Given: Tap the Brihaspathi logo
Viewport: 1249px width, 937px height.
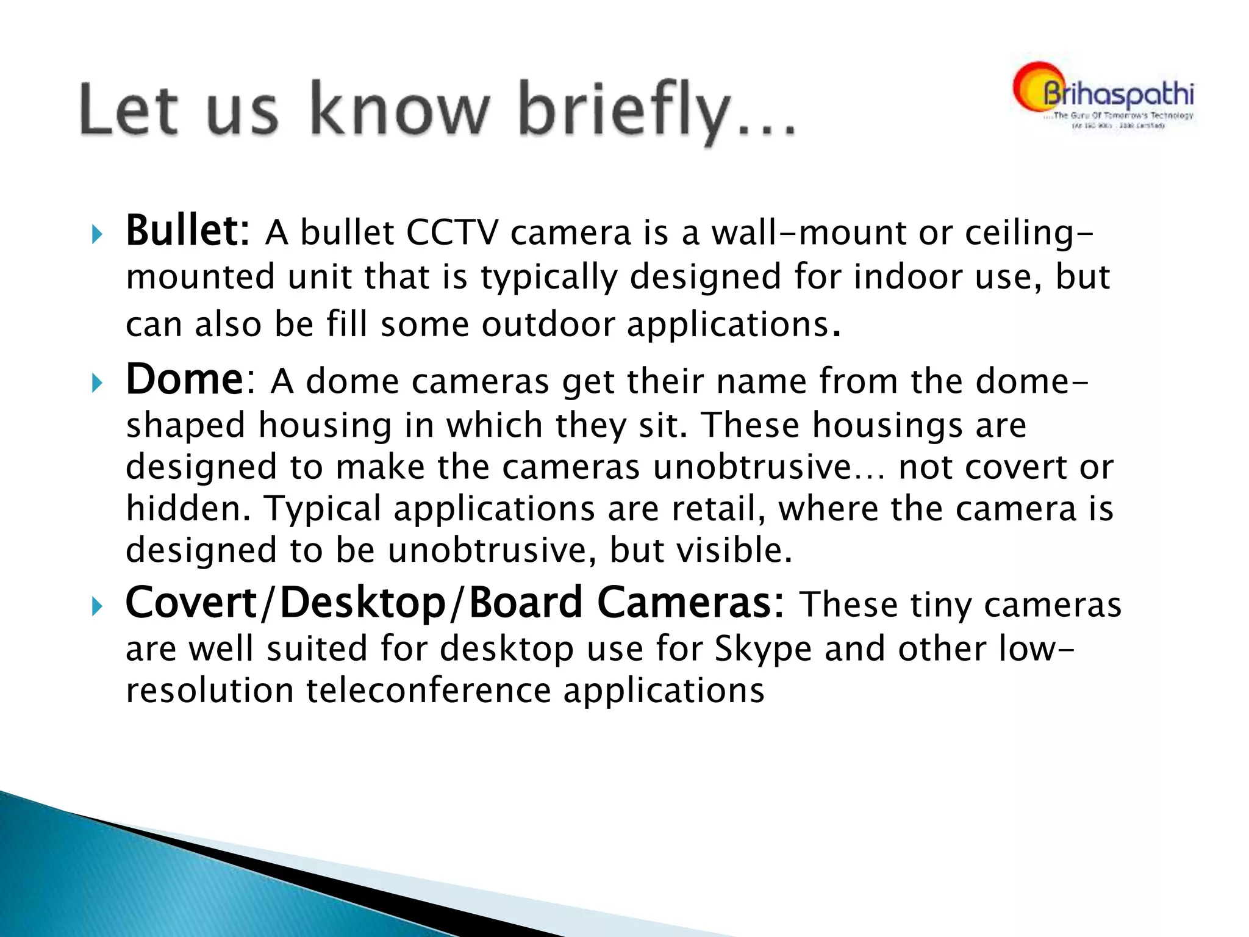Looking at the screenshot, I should tap(1104, 96).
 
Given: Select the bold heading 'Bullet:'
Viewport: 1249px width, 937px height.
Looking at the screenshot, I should tap(187, 232).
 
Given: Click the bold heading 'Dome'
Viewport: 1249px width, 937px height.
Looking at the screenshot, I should tap(185, 380).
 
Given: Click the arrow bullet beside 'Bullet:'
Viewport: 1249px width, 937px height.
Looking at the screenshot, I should tap(96, 234).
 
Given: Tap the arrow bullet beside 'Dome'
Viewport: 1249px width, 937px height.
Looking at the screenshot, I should tap(96, 383).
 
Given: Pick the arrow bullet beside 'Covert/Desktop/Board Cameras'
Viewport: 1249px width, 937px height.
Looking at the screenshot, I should tap(96, 606).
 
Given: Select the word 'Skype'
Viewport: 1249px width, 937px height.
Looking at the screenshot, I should tap(763, 649).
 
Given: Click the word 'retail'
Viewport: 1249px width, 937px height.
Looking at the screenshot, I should tap(717, 509).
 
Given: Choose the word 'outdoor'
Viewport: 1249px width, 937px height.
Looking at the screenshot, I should tap(547, 324).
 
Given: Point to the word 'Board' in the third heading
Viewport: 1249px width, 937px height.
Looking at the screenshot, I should tap(526, 603).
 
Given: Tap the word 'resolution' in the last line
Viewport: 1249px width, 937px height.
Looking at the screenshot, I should tap(210, 691).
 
